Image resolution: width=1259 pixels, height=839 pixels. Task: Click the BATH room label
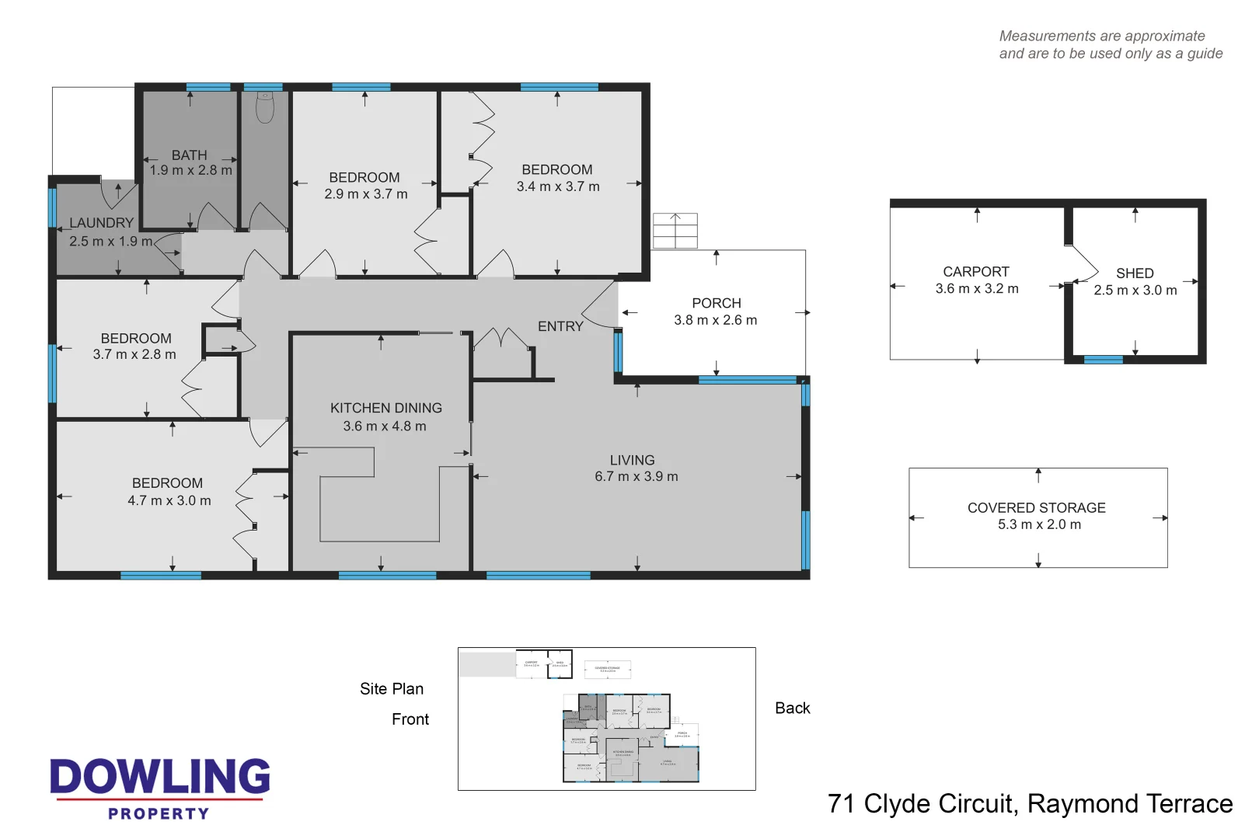point(189,155)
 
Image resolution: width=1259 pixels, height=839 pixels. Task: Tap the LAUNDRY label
point(101,223)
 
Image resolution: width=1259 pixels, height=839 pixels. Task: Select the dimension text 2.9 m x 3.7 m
point(365,194)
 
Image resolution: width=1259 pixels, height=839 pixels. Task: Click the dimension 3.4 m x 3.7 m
point(558,186)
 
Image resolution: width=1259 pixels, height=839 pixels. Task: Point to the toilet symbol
point(265,107)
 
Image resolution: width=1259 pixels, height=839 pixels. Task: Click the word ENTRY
point(560,326)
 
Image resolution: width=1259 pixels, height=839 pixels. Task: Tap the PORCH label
point(716,303)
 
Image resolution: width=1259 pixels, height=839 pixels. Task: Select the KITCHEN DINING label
point(385,408)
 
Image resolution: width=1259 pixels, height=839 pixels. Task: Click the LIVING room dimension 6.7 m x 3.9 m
point(636,476)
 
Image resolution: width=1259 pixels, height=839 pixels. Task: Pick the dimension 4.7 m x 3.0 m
point(169,500)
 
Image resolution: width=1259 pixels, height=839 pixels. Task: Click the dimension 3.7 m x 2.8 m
point(134,354)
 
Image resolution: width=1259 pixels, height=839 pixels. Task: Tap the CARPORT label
point(975,272)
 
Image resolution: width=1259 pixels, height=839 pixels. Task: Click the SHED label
point(1134,273)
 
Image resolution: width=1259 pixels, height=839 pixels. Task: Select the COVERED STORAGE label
point(1036,507)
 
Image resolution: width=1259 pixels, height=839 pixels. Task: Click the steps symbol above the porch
point(675,231)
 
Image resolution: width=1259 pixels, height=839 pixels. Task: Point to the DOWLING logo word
point(160,777)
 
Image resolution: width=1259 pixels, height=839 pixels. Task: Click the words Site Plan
point(391,689)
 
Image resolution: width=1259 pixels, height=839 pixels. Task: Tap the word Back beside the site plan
point(792,708)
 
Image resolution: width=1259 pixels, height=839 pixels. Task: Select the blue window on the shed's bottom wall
point(1103,360)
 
